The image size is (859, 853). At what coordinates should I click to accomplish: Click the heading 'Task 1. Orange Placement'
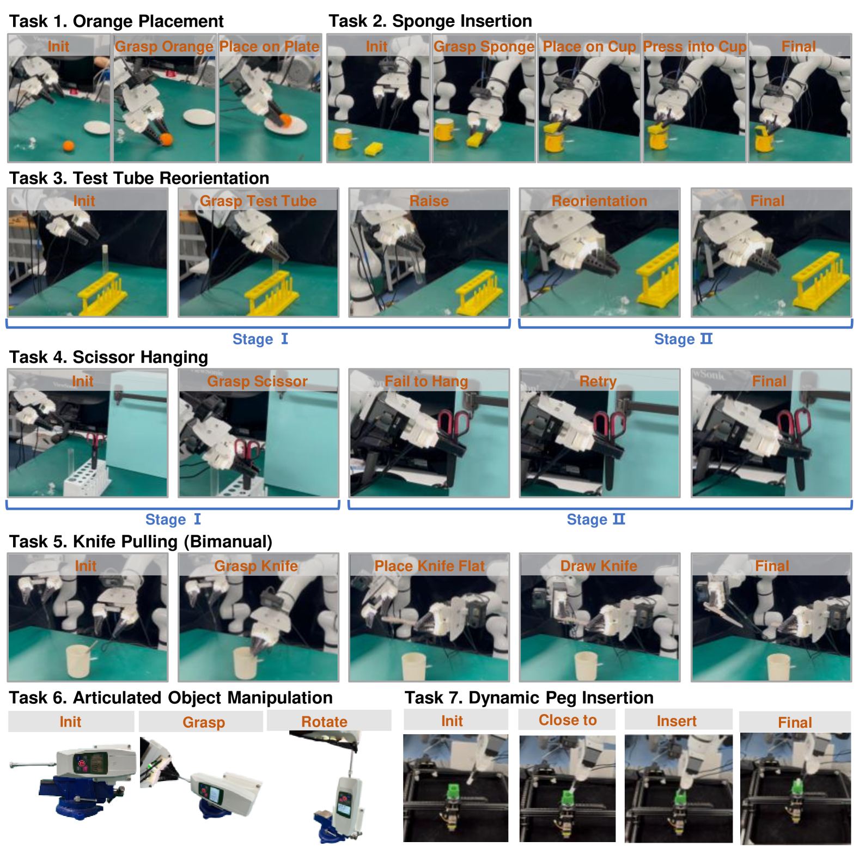pyautogui.click(x=116, y=21)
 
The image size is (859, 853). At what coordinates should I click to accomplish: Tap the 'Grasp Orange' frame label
pyautogui.click(x=164, y=46)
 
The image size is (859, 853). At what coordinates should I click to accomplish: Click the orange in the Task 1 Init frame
pyautogui.click(x=68, y=145)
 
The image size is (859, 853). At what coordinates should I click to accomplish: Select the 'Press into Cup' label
pyautogui.click(x=694, y=46)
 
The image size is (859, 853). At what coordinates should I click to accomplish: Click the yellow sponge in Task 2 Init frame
pyautogui.click(x=374, y=148)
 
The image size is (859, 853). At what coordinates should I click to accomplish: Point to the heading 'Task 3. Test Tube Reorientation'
pyautogui.click(x=139, y=178)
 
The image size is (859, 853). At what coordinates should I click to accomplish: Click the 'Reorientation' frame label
pyautogui.click(x=599, y=200)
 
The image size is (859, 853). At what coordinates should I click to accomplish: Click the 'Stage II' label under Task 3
pyautogui.click(x=683, y=339)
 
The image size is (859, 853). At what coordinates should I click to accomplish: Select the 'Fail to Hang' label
pyautogui.click(x=426, y=381)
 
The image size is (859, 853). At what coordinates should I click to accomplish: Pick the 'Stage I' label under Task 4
pyautogui.click(x=173, y=519)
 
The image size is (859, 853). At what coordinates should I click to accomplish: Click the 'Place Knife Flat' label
pyautogui.click(x=429, y=566)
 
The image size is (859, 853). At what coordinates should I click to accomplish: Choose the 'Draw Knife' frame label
pyautogui.click(x=599, y=566)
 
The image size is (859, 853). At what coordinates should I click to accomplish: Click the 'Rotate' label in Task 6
pyautogui.click(x=324, y=722)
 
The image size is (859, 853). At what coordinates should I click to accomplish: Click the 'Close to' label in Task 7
pyautogui.click(x=568, y=720)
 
